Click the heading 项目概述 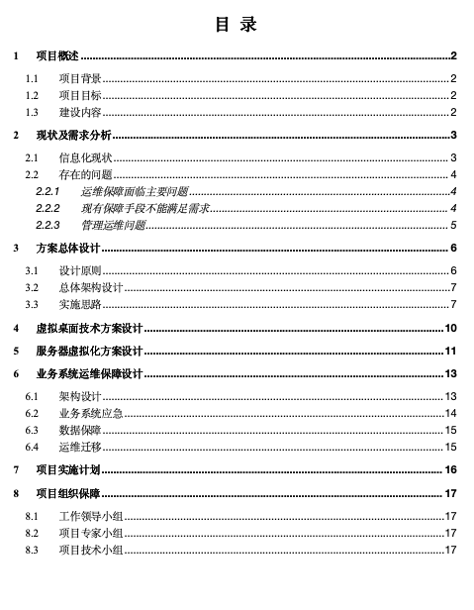[x=57, y=56]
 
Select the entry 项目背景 [x=80, y=77]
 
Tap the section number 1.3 [x=33, y=113]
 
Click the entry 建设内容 [x=80, y=113]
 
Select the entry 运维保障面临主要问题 [x=135, y=190]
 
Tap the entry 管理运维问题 [x=113, y=226]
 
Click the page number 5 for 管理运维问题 [x=452, y=226]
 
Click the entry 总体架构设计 [x=91, y=286]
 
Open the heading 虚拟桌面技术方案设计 [x=90, y=328]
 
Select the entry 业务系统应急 [x=91, y=413]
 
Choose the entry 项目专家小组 [x=91, y=533]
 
